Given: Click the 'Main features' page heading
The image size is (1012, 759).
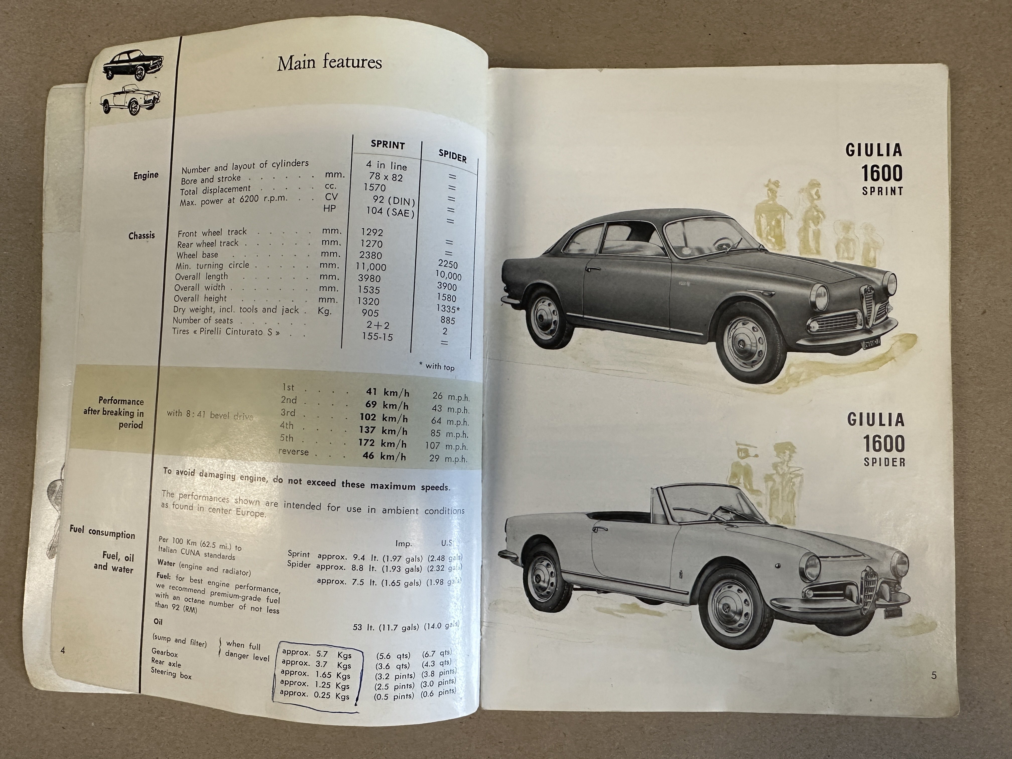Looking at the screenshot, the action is coord(329,63).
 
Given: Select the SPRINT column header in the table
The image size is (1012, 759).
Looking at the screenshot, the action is coord(388,145).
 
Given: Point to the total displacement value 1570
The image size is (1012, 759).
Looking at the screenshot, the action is coord(374,187).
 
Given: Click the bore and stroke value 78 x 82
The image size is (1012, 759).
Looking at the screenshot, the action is coord(386,177).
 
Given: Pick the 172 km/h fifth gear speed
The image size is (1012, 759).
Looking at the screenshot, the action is coord(382,443).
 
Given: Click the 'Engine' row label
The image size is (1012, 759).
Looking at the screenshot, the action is coord(146,175).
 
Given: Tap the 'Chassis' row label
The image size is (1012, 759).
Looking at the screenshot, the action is coord(141,236).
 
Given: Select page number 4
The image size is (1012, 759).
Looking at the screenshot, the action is coord(63,651).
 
